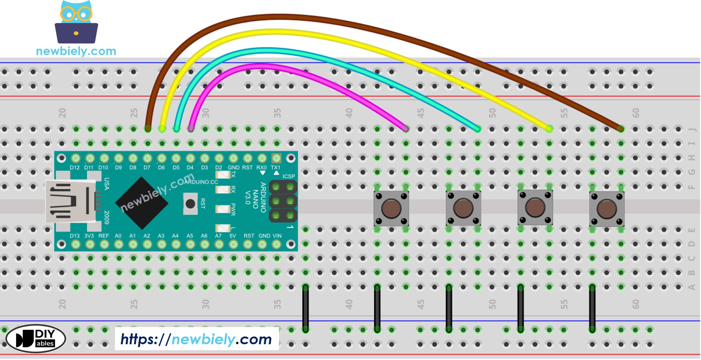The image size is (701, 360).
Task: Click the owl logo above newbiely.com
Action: pos(76,22)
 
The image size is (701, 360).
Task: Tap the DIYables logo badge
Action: pos(36,339)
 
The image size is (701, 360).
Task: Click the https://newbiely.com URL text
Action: pos(196,339)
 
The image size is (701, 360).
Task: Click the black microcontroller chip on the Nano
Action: pos(142,203)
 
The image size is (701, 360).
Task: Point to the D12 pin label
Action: pos(75,168)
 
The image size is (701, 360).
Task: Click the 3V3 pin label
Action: pos(89,236)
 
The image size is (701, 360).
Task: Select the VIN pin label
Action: pos(277,236)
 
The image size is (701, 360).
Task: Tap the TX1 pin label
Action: pos(275,168)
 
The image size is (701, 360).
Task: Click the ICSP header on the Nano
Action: pos(283,201)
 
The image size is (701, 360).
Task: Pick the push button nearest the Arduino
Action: pos(391,208)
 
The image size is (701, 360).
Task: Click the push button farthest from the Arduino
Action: pos(607,209)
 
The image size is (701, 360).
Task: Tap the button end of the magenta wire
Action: pos(406,129)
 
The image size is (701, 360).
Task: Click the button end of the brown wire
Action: pos(620,129)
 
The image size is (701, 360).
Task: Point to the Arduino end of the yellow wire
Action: pos(162,129)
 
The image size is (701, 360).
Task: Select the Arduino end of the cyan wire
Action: pos(176,129)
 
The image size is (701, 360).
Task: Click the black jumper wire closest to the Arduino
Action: pos(306,308)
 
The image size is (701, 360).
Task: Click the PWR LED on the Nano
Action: pos(223,209)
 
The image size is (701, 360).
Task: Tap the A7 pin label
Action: pos(218,236)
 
